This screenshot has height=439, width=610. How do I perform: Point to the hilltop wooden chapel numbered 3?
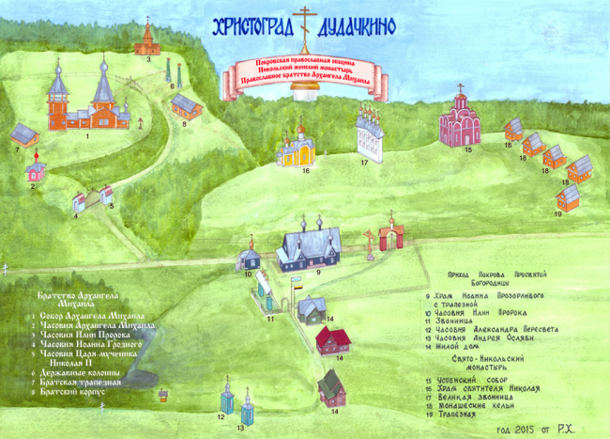145,39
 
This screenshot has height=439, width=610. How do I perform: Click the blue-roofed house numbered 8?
186,105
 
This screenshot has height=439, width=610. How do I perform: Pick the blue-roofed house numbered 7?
24,136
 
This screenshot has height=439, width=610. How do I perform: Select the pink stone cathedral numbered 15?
461,123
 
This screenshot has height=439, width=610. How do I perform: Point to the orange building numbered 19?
569,197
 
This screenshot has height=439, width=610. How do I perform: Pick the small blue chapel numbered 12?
225,398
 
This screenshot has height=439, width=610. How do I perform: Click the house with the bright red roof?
331,339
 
